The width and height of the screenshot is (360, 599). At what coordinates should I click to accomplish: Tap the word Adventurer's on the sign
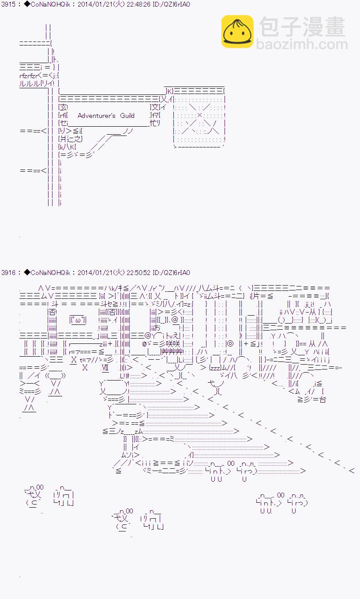coord(97,116)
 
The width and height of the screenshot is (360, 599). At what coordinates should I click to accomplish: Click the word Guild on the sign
coord(127,116)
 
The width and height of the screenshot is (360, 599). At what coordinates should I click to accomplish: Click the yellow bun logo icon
coord(237,31)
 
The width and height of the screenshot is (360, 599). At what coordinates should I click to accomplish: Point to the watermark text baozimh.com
coord(302,45)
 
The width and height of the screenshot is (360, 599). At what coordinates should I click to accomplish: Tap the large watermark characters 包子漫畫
coord(302,27)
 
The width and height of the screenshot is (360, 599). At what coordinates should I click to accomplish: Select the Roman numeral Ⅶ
coord(105,368)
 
